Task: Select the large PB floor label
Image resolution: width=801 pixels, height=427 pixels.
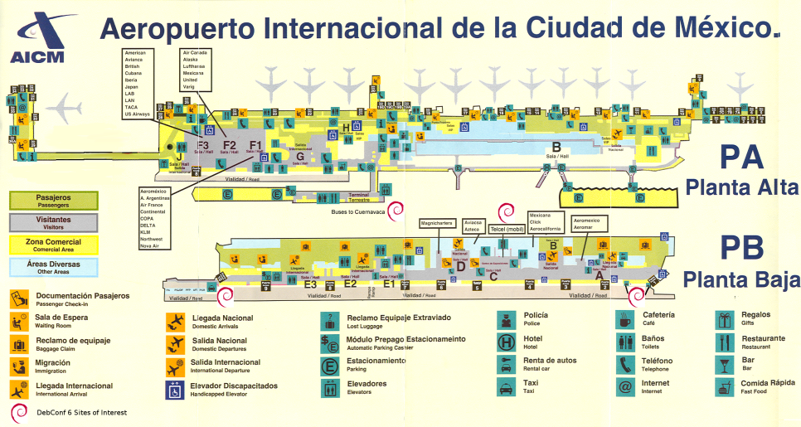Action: (x=741, y=250)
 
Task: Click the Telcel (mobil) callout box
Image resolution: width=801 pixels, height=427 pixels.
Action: (x=502, y=228)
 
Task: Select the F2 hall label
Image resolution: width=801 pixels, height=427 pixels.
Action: (x=230, y=146)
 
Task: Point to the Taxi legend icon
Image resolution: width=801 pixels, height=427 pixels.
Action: (x=505, y=386)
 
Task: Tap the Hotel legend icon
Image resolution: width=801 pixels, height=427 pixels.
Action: (x=505, y=342)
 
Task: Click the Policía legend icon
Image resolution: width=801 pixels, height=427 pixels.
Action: (x=505, y=319)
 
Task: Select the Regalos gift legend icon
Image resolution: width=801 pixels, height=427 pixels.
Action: (x=726, y=319)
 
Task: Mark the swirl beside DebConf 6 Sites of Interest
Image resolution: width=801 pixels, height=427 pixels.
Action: (x=17, y=412)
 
